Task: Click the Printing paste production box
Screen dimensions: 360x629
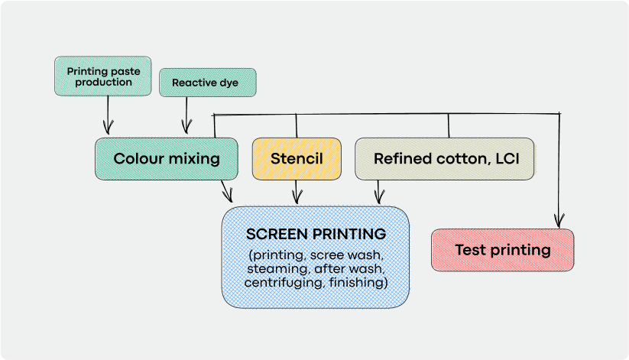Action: pyautogui.click(x=103, y=76)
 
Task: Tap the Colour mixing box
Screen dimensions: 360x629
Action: pyautogui.click(x=167, y=159)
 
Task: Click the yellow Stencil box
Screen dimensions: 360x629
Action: pyautogui.click(x=297, y=159)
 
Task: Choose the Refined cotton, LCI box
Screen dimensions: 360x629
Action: pyautogui.click(x=444, y=159)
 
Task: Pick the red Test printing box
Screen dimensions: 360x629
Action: pyautogui.click(x=502, y=250)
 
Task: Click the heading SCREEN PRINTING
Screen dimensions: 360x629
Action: pyautogui.click(x=316, y=233)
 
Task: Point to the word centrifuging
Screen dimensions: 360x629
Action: pyautogui.click(x=278, y=283)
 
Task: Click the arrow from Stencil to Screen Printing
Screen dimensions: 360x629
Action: pyautogui.click(x=297, y=193)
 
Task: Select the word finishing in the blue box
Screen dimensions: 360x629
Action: pyautogui.click(x=362, y=283)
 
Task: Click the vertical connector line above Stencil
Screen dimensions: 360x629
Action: pyautogui.click(x=297, y=126)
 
